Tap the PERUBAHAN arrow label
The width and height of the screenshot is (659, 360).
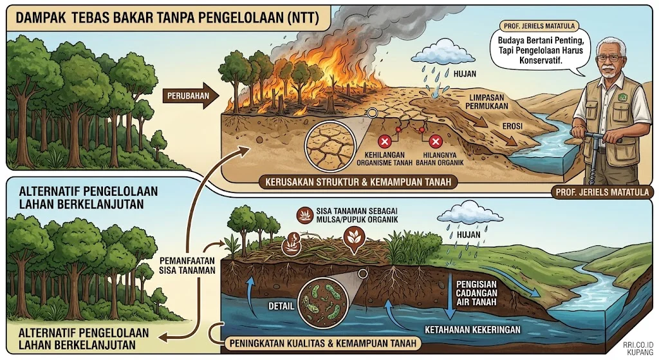point(188,96)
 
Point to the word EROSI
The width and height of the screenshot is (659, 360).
point(513,126)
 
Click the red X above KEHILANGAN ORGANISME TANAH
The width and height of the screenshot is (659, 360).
point(384,141)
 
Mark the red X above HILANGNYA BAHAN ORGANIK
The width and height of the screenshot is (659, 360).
point(436,141)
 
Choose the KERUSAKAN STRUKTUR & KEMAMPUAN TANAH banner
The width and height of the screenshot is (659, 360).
point(358,182)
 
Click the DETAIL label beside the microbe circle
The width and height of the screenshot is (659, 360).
point(281,306)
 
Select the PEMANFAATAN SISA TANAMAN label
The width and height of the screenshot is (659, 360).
point(187,265)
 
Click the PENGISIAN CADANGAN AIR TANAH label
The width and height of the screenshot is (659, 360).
point(477,293)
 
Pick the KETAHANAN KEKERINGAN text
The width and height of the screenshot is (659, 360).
point(472,330)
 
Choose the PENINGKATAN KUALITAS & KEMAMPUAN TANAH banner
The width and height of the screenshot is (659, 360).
point(323,343)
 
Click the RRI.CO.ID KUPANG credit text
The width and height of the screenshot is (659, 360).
point(638,348)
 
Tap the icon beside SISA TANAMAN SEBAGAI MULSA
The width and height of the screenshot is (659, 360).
point(304,215)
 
